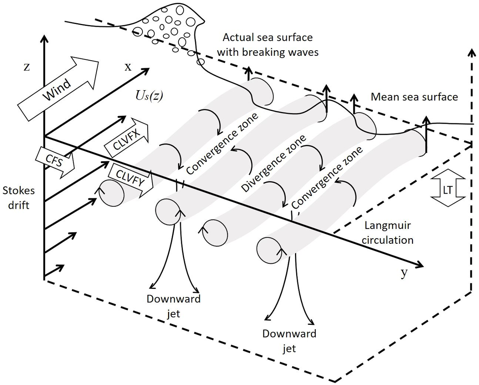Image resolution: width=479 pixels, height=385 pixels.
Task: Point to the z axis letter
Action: (26, 67)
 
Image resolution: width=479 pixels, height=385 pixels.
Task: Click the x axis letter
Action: (128, 67)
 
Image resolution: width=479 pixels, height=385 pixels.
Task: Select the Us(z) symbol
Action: (148, 96)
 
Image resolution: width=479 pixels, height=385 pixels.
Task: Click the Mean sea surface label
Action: (414, 97)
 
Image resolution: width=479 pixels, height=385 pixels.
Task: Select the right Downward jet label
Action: (289, 341)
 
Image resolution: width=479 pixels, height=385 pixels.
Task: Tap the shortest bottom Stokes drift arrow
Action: (53, 270)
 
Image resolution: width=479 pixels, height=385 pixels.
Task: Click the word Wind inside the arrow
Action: (57, 89)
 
